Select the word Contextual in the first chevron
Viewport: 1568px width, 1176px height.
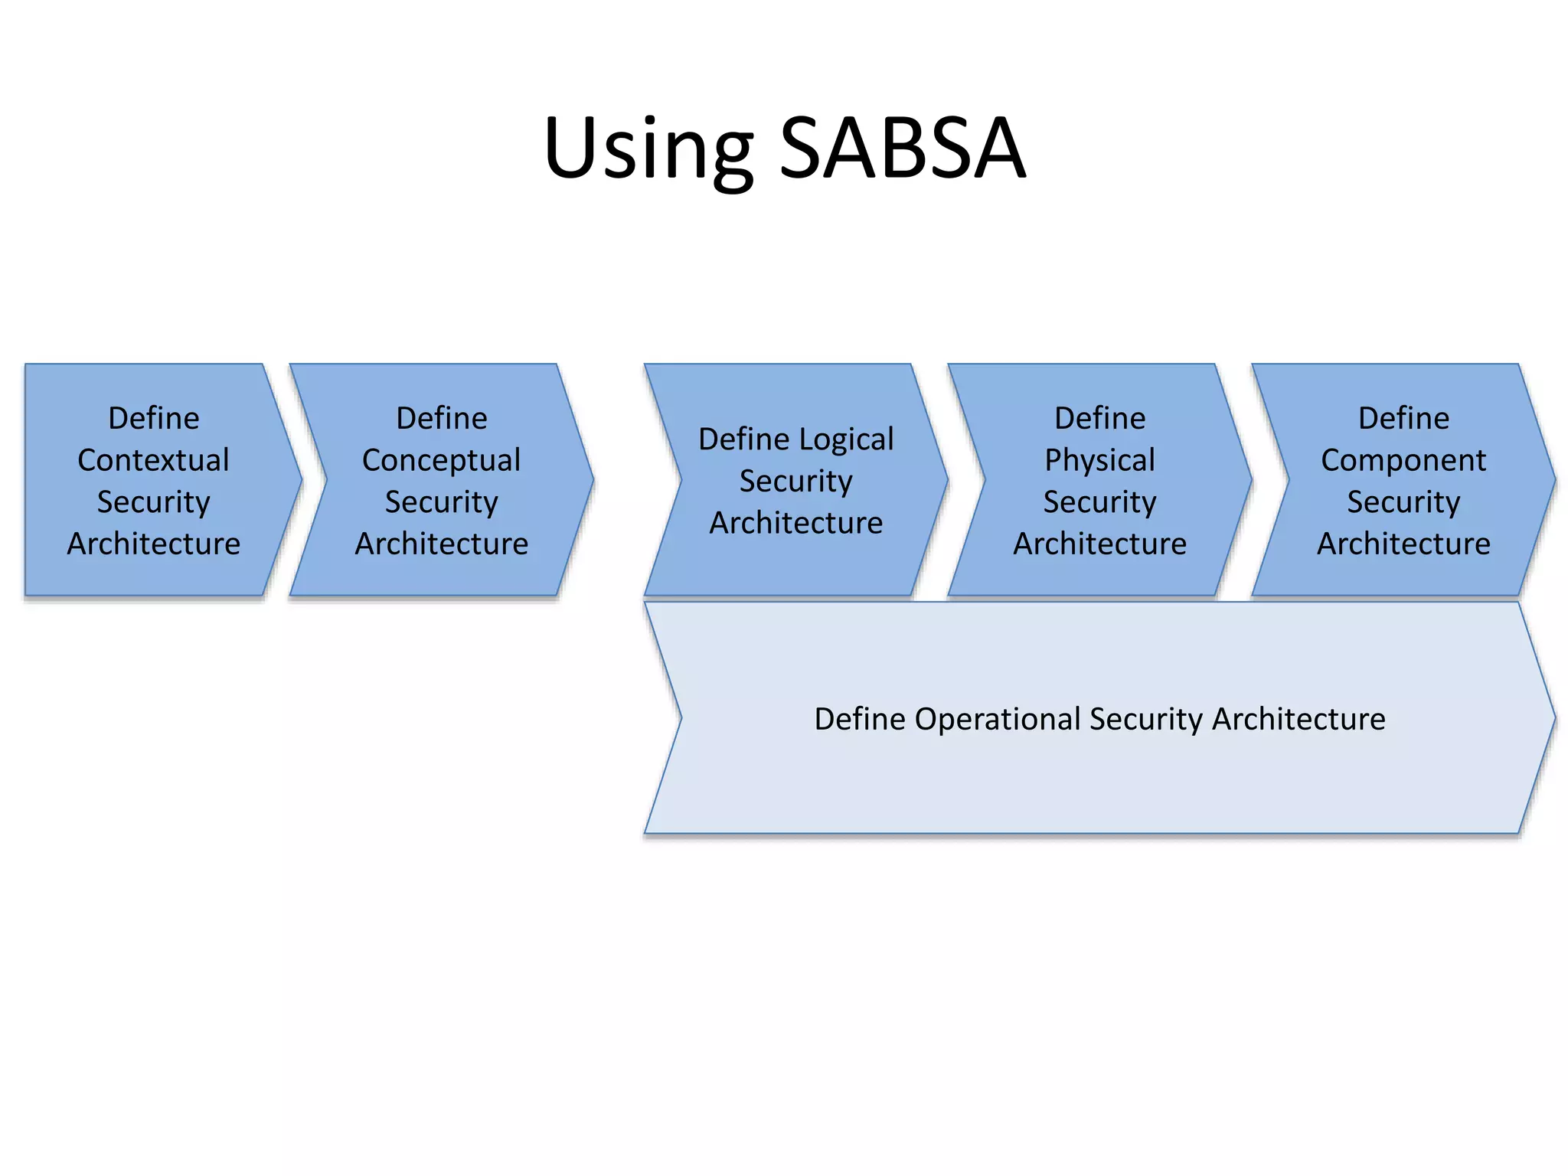point(153,460)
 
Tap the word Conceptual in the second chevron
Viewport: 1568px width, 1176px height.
point(441,460)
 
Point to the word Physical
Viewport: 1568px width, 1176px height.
point(1099,460)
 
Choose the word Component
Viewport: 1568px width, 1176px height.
point(1403,460)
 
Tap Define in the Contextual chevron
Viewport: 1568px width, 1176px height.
point(153,418)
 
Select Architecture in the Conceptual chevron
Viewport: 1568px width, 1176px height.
point(441,544)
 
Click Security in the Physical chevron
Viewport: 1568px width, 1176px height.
point(1099,502)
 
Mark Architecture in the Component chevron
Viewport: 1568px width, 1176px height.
point(1403,544)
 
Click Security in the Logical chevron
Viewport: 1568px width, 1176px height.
point(795,482)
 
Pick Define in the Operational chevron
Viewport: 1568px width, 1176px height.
point(860,719)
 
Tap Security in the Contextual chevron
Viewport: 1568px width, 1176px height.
point(153,502)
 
